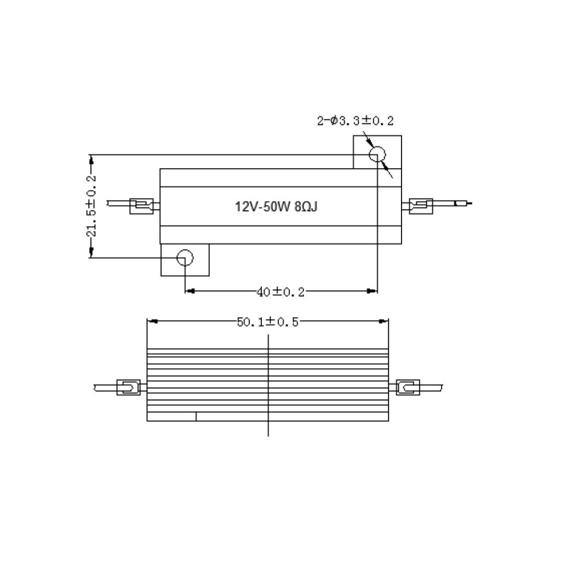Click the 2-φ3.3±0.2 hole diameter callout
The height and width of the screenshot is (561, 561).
[x=355, y=121]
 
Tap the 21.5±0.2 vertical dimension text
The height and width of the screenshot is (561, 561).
[x=91, y=206]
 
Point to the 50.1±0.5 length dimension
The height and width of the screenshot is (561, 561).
[x=267, y=322]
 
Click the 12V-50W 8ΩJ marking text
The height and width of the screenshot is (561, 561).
[x=276, y=207]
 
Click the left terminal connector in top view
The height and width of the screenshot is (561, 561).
[x=141, y=207]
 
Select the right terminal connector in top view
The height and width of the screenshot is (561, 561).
[x=421, y=207]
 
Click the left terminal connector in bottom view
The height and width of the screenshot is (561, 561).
[x=128, y=387]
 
